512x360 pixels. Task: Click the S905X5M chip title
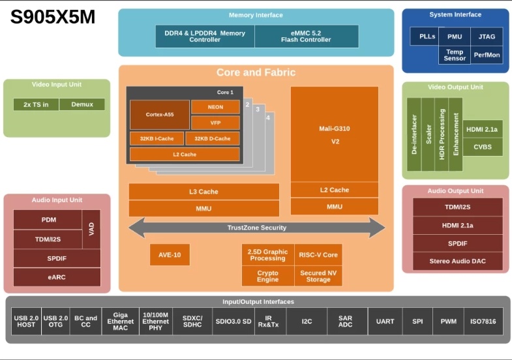pyautogui.click(x=53, y=17)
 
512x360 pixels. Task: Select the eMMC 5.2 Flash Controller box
pyautogui.click(x=307, y=37)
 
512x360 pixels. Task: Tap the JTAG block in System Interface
pyautogui.click(x=487, y=37)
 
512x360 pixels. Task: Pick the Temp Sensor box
pyautogui.click(x=455, y=55)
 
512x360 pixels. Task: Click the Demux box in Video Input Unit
pyautogui.click(x=82, y=104)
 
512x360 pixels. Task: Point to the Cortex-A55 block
pyautogui.click(x=160, y=115)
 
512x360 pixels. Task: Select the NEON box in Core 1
pyautogui.click(x=215, y=107)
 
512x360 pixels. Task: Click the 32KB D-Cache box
pyautogui.click(x=213, y=138)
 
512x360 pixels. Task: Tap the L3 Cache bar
pyautogui.click(x=203, y=192)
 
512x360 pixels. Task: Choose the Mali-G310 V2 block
pyautogui.click(x=335, y=134)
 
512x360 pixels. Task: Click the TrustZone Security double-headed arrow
pyautogui.click(x=257, y=228)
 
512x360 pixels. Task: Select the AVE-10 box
pyautogui.click(x=170, y=254)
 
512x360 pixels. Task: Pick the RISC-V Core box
pyautogui.click(x=318, y=254)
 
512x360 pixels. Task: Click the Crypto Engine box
pyautogui.click(x=268, y=276)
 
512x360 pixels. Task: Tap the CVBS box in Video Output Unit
pyautogui.click(x=482, y=147)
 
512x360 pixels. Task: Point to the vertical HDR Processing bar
pyautogui.click(x=442, y=134)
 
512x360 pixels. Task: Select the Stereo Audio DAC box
pyautogui.click(x=457, y=261)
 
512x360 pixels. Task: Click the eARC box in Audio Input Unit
pyautogui.click(x=57, y=277)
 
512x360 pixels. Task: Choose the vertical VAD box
pyautogui.click(x=91, y=229)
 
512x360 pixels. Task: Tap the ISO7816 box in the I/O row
pyautogui.click(x=483, y=322)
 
